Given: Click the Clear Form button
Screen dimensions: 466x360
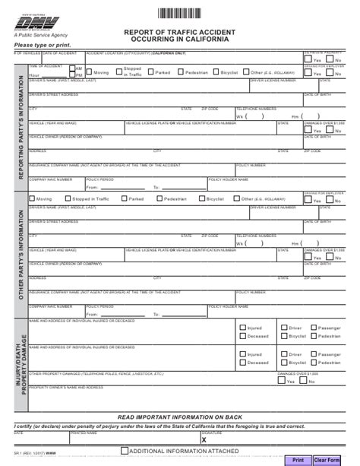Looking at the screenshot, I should pyautogui.click(x=327, y=460).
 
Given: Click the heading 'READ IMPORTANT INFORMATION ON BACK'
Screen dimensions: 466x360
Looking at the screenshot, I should pyautogui.click(x=179, y=417).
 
